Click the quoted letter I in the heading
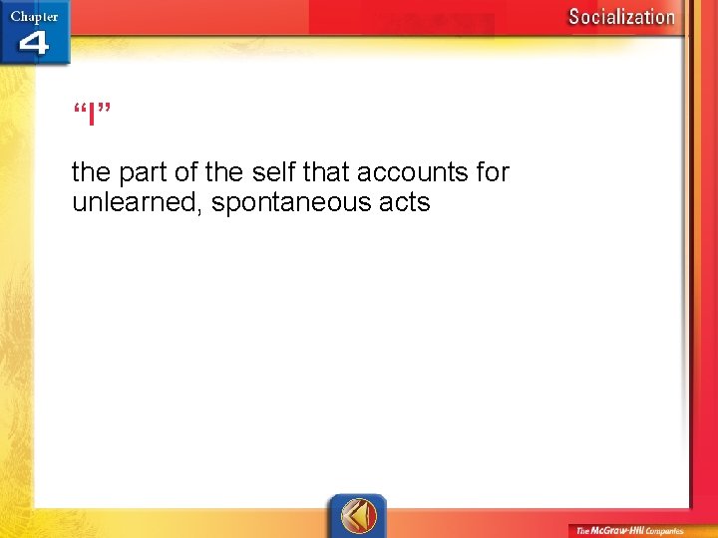(91, 115)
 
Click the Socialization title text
(621, 16)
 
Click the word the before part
(93, 173)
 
